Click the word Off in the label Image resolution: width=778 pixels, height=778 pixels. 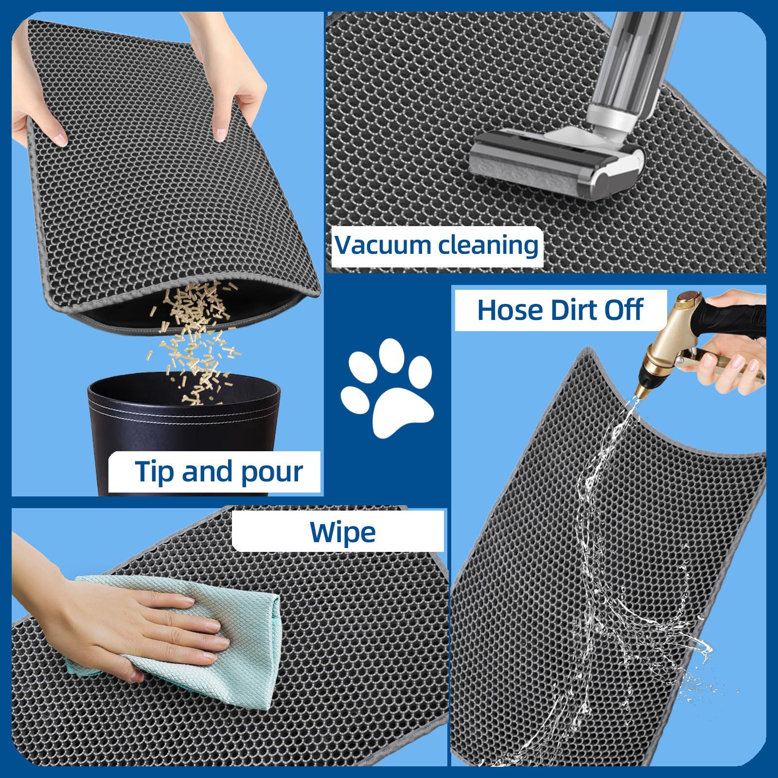(x=624, y=310)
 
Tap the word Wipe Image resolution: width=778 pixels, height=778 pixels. (x=342, y=532)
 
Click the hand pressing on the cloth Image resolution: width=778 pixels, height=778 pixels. (x=146, y=632)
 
